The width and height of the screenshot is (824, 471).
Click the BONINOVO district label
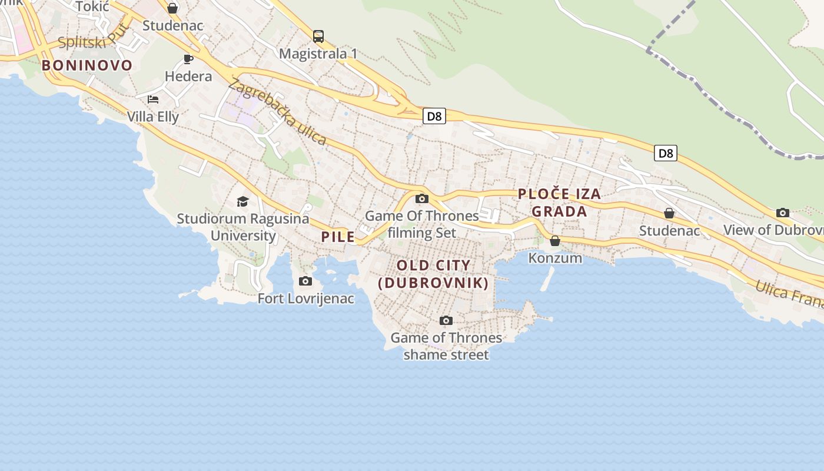point(87,65)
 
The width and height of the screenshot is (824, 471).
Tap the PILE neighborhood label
point(338,237)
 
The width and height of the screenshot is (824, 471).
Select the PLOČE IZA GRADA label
point(559,203)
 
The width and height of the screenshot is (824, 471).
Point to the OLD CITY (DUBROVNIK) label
point(433,274)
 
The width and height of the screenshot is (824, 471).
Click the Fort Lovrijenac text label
point(306,298)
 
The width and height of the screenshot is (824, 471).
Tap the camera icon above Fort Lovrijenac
point(305,281)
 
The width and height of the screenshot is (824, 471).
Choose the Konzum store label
point(555,258)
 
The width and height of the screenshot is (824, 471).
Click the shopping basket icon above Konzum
point(554,241)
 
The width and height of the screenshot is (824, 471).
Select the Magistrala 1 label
point(318,54)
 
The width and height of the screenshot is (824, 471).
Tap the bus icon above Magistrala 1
point(318,37)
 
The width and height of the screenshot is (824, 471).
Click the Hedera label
point(188,76)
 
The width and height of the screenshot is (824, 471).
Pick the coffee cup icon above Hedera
point(188,59)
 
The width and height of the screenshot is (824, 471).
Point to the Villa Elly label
point(153,117)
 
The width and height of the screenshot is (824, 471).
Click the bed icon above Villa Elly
point(153,99)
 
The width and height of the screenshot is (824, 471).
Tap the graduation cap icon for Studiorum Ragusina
point(242,202)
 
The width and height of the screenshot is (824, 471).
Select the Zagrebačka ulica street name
point(277,111)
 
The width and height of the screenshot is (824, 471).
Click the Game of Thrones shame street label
point(446,346)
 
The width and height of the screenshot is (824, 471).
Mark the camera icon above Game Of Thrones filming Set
point(421,198)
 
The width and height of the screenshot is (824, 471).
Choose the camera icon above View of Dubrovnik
point(782,213)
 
